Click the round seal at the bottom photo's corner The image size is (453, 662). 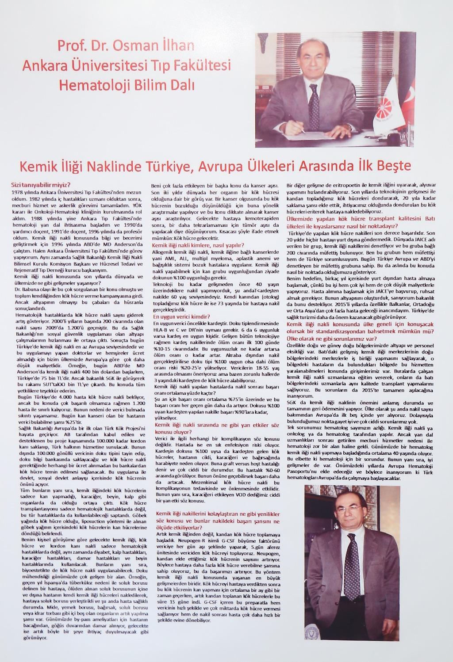tap(311, 632)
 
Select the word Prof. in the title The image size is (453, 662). tap(73, 46)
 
